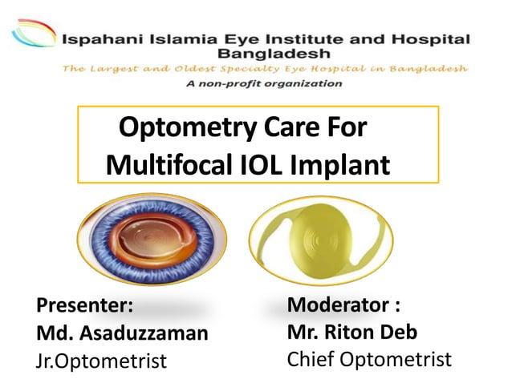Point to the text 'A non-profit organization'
(x=263, y=83)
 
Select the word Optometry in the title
(x=177, y=127)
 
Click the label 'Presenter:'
(x=83, y=305)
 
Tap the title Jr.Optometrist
(x=101, y=361)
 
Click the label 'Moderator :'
(x=343, y=305)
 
